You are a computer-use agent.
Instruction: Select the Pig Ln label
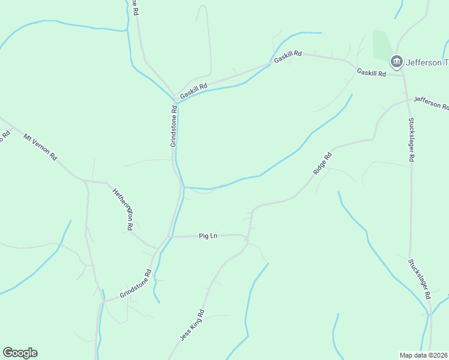tap(208, 236)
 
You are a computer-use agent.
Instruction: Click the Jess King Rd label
tap(193, 326)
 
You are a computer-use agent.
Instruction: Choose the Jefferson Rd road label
tap(431, 103)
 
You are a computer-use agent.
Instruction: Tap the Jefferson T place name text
tap(427, 62)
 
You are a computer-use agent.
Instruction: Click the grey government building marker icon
tap(396, 61)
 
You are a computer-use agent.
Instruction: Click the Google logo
tap(20, 353)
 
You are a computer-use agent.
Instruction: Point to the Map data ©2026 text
tap(424, 355)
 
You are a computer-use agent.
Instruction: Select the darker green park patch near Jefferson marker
tap(381, 44)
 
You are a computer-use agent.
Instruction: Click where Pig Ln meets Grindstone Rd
tap(172, 236)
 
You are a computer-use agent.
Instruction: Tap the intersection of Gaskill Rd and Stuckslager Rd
tap(403, 76)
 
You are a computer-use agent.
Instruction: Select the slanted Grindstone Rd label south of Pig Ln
tap(135, 284)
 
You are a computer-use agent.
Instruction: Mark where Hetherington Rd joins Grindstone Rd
tap(157, 248)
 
